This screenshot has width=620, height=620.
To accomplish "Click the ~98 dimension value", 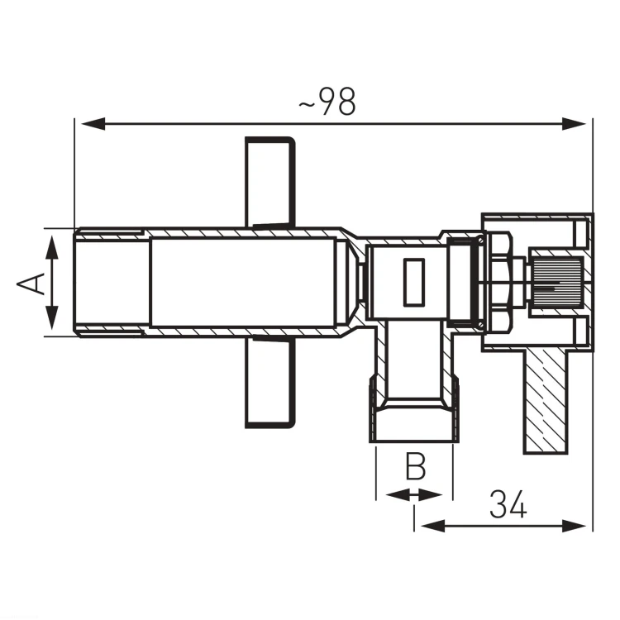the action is pos(327,102).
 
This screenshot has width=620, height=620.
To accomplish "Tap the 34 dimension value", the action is pos(508,504).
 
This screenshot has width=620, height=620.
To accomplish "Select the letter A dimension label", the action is pos(31,283).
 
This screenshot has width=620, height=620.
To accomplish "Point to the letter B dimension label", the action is pos(416,466).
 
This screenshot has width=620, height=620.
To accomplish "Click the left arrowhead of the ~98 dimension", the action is pos(93,124).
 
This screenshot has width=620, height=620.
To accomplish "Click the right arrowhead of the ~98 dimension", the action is pos(575,124).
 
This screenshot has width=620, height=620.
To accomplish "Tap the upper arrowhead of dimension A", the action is pos(52,247).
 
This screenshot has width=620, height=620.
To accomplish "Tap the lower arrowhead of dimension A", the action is pos(52,318).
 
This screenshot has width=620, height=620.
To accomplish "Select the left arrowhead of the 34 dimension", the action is pos(433,527).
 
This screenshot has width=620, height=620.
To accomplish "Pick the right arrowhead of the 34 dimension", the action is pos(575,527).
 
